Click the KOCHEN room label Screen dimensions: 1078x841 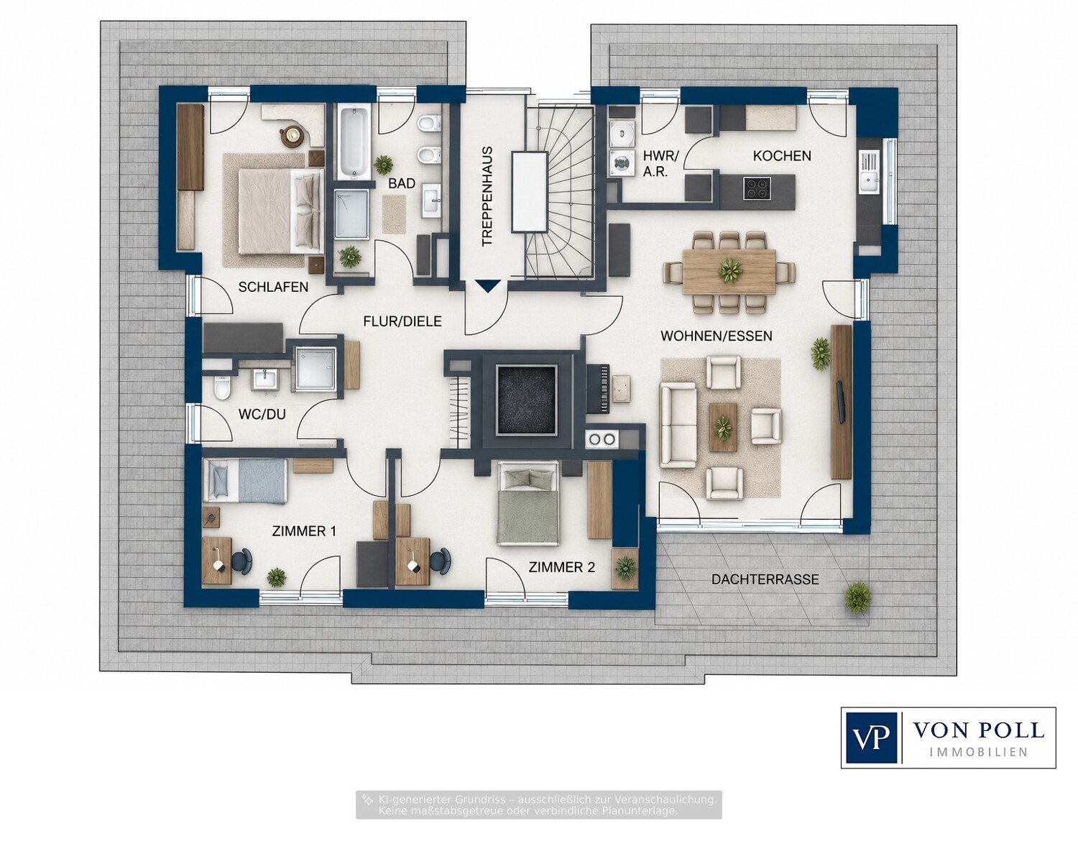[x=781, y=156]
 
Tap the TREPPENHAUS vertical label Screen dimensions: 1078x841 [x=487, y=196]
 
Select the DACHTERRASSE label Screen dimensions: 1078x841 [x=765, y=579]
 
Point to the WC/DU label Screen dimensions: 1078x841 [x=262, y=414]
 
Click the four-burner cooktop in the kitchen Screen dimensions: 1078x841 [x=757, y=188]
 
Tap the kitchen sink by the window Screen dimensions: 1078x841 [x=869, y=173]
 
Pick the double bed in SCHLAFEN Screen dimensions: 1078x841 [x=281, y=211]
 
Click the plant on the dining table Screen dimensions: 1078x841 [x=729, y=271]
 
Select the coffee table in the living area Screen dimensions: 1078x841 [x=723, y=427]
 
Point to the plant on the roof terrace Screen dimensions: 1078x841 [x=858, y=597]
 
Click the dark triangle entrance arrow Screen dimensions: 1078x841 [x=488, y=286]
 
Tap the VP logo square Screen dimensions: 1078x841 [x=872, y=737]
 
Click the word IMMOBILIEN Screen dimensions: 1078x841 [x=978, y=752]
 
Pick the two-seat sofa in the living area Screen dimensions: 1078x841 [x=678, y=425]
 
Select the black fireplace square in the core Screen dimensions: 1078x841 [x=526, y=400]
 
